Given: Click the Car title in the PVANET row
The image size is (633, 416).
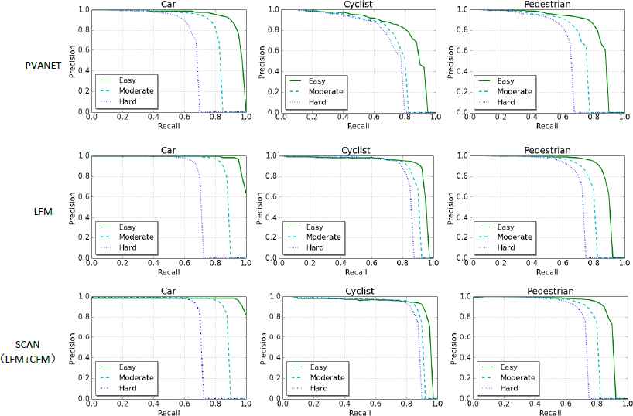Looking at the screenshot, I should click(169, 5).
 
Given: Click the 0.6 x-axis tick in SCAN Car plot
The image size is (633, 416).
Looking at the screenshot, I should click(183, 404).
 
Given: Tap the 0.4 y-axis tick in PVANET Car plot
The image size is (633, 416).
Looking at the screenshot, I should click(82, 72).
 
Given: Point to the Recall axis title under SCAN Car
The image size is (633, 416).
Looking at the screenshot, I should click(169, 412).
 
